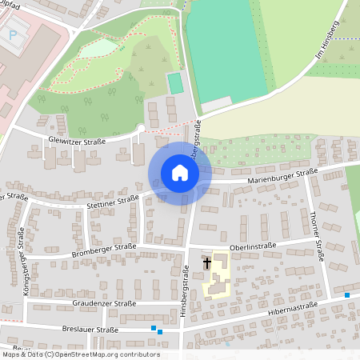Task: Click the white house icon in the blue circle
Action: (179, 173)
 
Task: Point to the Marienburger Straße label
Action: (282, 175)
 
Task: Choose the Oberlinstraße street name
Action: (252, 246)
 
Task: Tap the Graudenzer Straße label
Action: (104, 304)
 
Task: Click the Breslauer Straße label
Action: (89, 330)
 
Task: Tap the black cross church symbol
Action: (207, 262)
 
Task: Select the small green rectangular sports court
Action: (174, 83)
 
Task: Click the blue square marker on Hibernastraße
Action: (347, 295)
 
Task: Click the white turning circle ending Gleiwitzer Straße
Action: (142, 128)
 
